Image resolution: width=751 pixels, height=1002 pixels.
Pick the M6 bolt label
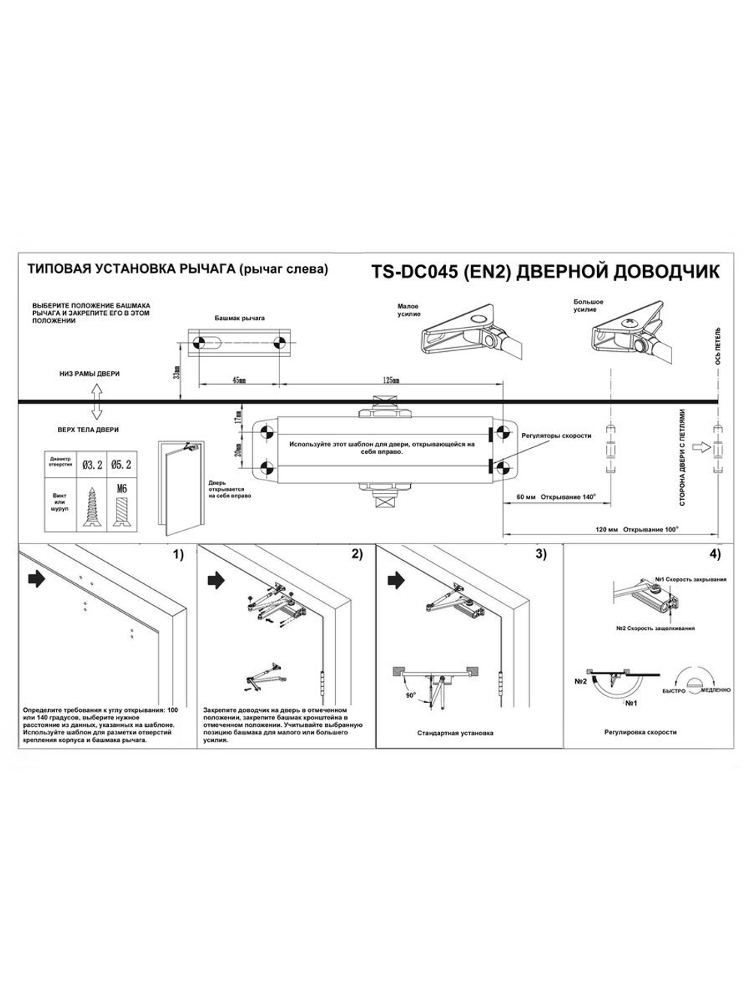pyautogui.click(x=122, y=489)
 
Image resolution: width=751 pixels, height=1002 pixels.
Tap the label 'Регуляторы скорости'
pyautogui.click(x=556, y=436)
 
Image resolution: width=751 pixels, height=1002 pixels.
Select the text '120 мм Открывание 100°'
pyautogui.click(x=637, y=529)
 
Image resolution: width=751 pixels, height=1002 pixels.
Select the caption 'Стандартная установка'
pyautogui.click(x=455, y=733)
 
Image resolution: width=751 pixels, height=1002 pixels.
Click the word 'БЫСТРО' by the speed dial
pyautogui.click(x=674, y=690)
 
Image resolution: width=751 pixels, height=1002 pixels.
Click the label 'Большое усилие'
pyautogui.click(x=589, y=306)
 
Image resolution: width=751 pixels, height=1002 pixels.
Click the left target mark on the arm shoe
pyautogui.click(x=199, y=344)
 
